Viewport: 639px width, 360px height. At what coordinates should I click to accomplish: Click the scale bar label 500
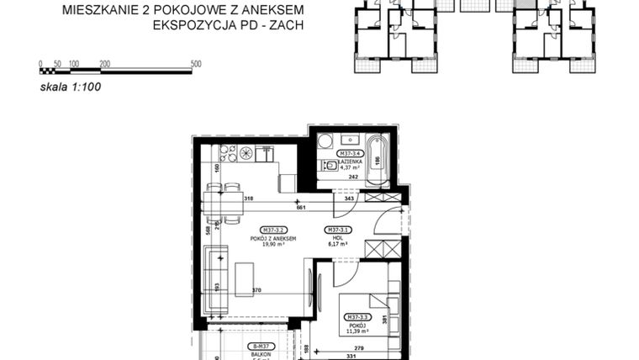click(x=196, y=63)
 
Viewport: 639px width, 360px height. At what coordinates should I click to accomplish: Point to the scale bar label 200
click(x=104, y=63)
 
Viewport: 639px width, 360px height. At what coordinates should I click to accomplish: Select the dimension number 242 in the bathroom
click(x=354, y=177)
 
